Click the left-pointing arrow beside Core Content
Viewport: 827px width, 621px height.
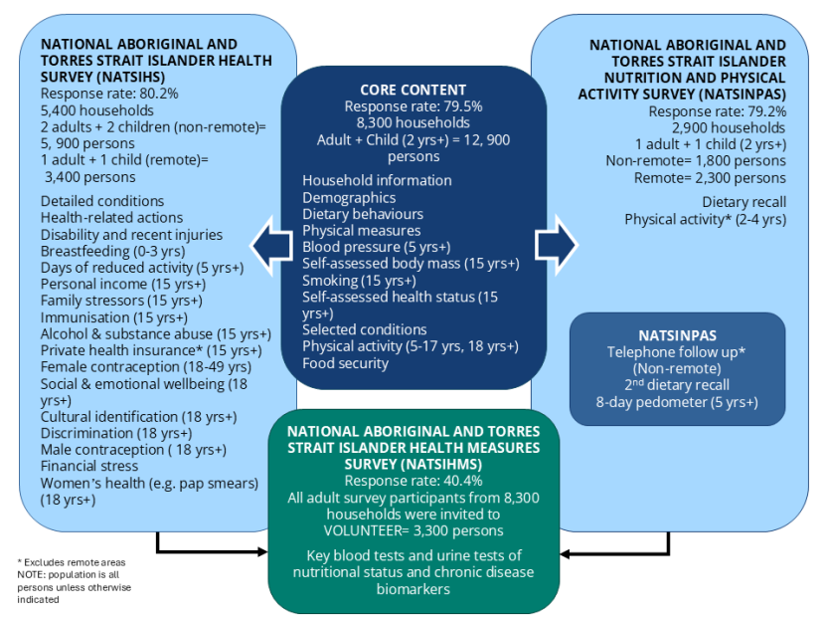click(x=267, y=245)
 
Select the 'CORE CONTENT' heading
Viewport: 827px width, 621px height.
click(x=413, y=90)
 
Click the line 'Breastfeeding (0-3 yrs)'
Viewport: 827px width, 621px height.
click(x=112, y=252)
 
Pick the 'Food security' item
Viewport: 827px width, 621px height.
click(x=345, y=363)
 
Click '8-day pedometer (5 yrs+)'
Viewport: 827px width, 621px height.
click(x=677, y=402)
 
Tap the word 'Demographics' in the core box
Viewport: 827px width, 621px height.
click(x=349, y=197)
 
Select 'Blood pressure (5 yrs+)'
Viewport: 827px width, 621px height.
click(x=376, y=247)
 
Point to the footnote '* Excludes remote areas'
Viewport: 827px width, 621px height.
click(x=72, y=563)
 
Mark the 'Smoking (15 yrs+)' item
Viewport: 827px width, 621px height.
click(x=360, y=281)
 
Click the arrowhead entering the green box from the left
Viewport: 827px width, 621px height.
click(x=262, y=550)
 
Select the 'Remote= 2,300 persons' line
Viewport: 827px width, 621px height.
click(x=710, y=178)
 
